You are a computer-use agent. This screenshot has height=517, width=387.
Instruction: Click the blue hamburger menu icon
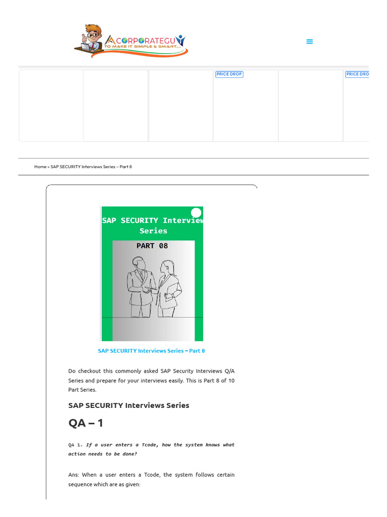(309, 41)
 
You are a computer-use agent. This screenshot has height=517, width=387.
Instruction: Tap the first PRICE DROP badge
(229, 74)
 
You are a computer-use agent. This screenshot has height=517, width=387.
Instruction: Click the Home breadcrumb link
(40, 167)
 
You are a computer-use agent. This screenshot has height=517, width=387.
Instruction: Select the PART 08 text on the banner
(152, 246)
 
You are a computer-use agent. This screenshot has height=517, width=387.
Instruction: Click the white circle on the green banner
(196, 213)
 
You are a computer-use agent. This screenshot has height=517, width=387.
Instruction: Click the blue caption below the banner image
(151, 351)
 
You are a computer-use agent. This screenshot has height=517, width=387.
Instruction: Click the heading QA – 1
(86, 423)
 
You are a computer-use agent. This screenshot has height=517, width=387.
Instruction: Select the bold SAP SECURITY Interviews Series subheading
(128, 405)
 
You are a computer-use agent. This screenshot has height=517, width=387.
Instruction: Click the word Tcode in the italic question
(149, 445)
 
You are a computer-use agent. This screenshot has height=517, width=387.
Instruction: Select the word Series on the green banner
(153, 231)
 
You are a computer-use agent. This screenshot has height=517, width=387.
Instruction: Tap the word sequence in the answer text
(80, 485)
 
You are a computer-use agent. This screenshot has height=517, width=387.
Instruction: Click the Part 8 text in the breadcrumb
(125, 167)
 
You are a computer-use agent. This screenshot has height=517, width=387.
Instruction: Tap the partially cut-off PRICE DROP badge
(357, 74)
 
